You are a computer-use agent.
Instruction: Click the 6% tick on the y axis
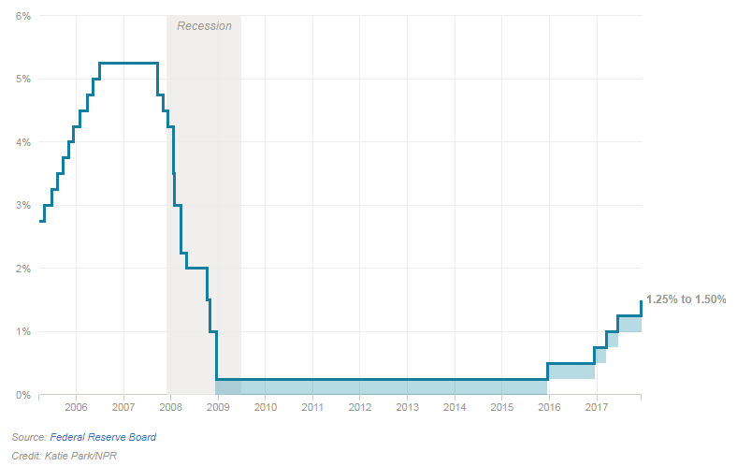tap(23, 16)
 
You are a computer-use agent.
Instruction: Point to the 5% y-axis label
tap(23, 80)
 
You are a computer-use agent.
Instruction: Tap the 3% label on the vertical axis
tap(23, 206)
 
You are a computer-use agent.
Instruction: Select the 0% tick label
tap(23, 395)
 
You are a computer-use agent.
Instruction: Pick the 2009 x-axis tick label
tap(218, 408)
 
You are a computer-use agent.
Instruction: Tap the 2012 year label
tap(360, 408)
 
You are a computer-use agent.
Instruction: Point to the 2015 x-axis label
tap(501, 408)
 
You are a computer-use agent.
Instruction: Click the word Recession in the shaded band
tap(204, 26)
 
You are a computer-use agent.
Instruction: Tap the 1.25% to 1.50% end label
tap(686, 299)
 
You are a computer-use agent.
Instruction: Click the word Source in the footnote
tap(28, 437)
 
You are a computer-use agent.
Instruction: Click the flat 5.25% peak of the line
tap(128, 63)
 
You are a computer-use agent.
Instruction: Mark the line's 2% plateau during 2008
tap(195, 269)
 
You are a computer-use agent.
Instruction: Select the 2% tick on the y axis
tap(23, 269)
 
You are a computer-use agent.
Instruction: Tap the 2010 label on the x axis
tap(266, 408)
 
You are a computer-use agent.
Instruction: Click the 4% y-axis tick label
tap(23, 142)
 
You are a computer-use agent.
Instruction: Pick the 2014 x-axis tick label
tap(455, 408)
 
